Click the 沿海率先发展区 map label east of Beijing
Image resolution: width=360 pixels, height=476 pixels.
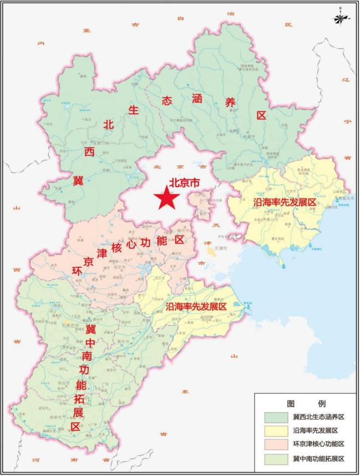pos(284,203)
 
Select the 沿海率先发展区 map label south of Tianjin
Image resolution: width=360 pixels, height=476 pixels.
pos(197,306)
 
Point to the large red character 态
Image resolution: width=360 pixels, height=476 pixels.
pos(167,102)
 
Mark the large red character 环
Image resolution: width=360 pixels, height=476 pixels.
pos(78,271)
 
